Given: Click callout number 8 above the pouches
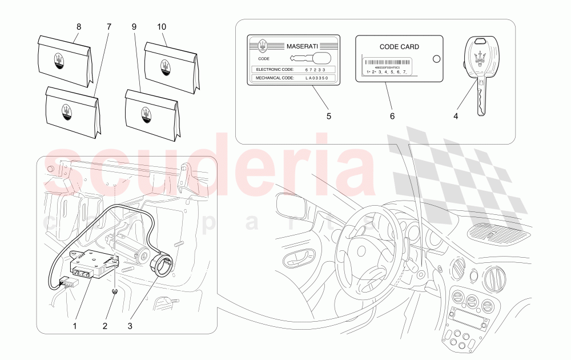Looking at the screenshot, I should click(x=79, y=26).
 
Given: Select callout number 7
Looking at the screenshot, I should click(x=109, y=26).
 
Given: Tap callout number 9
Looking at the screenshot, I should click(x=134, y=26).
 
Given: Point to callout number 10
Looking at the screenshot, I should click(x=162, y=26).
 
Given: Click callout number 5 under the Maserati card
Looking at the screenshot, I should click(x=328, y=116).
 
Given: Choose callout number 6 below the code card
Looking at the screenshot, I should click(x=392, y=116).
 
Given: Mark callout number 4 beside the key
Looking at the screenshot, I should click(x=456, y=116).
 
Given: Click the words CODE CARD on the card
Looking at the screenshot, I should click(x=399, y=47).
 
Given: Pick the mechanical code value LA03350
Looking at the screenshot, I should click(x=316, y=78).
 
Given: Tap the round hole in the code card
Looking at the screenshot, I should click(x=437, y=58).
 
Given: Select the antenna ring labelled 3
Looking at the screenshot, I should click(x=161, y=265).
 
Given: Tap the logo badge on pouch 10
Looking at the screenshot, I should click(x=166, y=67).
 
